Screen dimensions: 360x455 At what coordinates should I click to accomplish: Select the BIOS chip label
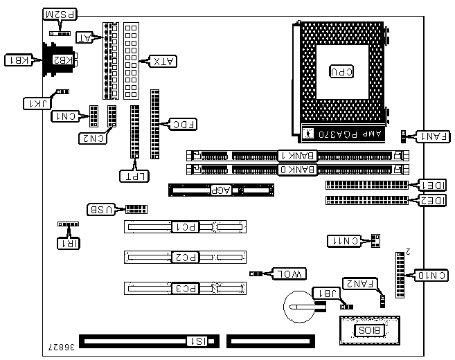(x=368, y=330)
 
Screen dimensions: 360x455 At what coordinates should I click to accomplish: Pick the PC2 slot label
(x=185, y=257)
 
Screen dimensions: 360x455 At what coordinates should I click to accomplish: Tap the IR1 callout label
(x=68, y=242)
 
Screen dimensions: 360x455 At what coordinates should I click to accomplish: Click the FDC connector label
(x=184, y=125)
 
